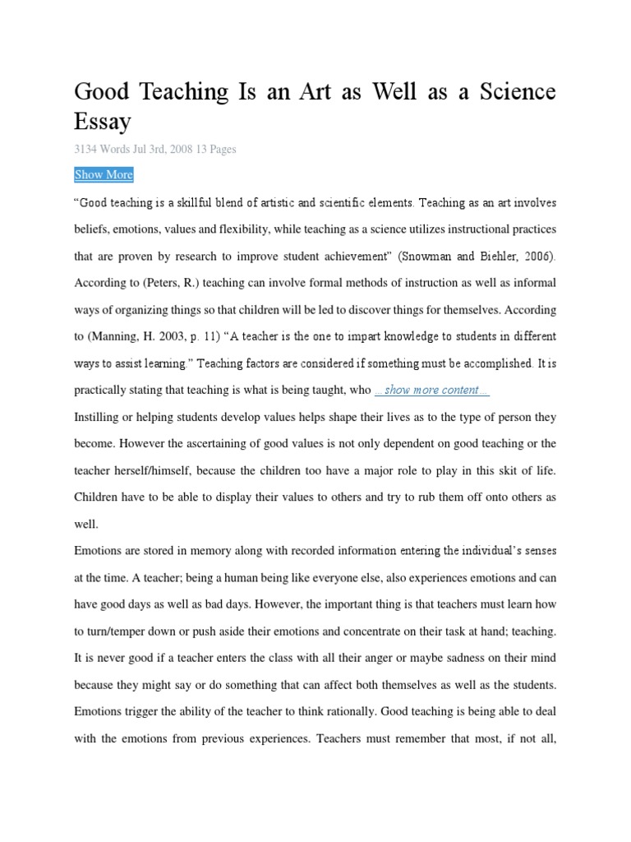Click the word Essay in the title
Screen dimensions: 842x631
click(103, 122)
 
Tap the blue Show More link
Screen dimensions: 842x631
click(104, 174)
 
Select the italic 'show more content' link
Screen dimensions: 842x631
click(432, 390)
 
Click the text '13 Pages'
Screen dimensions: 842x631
click(216, 150)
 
